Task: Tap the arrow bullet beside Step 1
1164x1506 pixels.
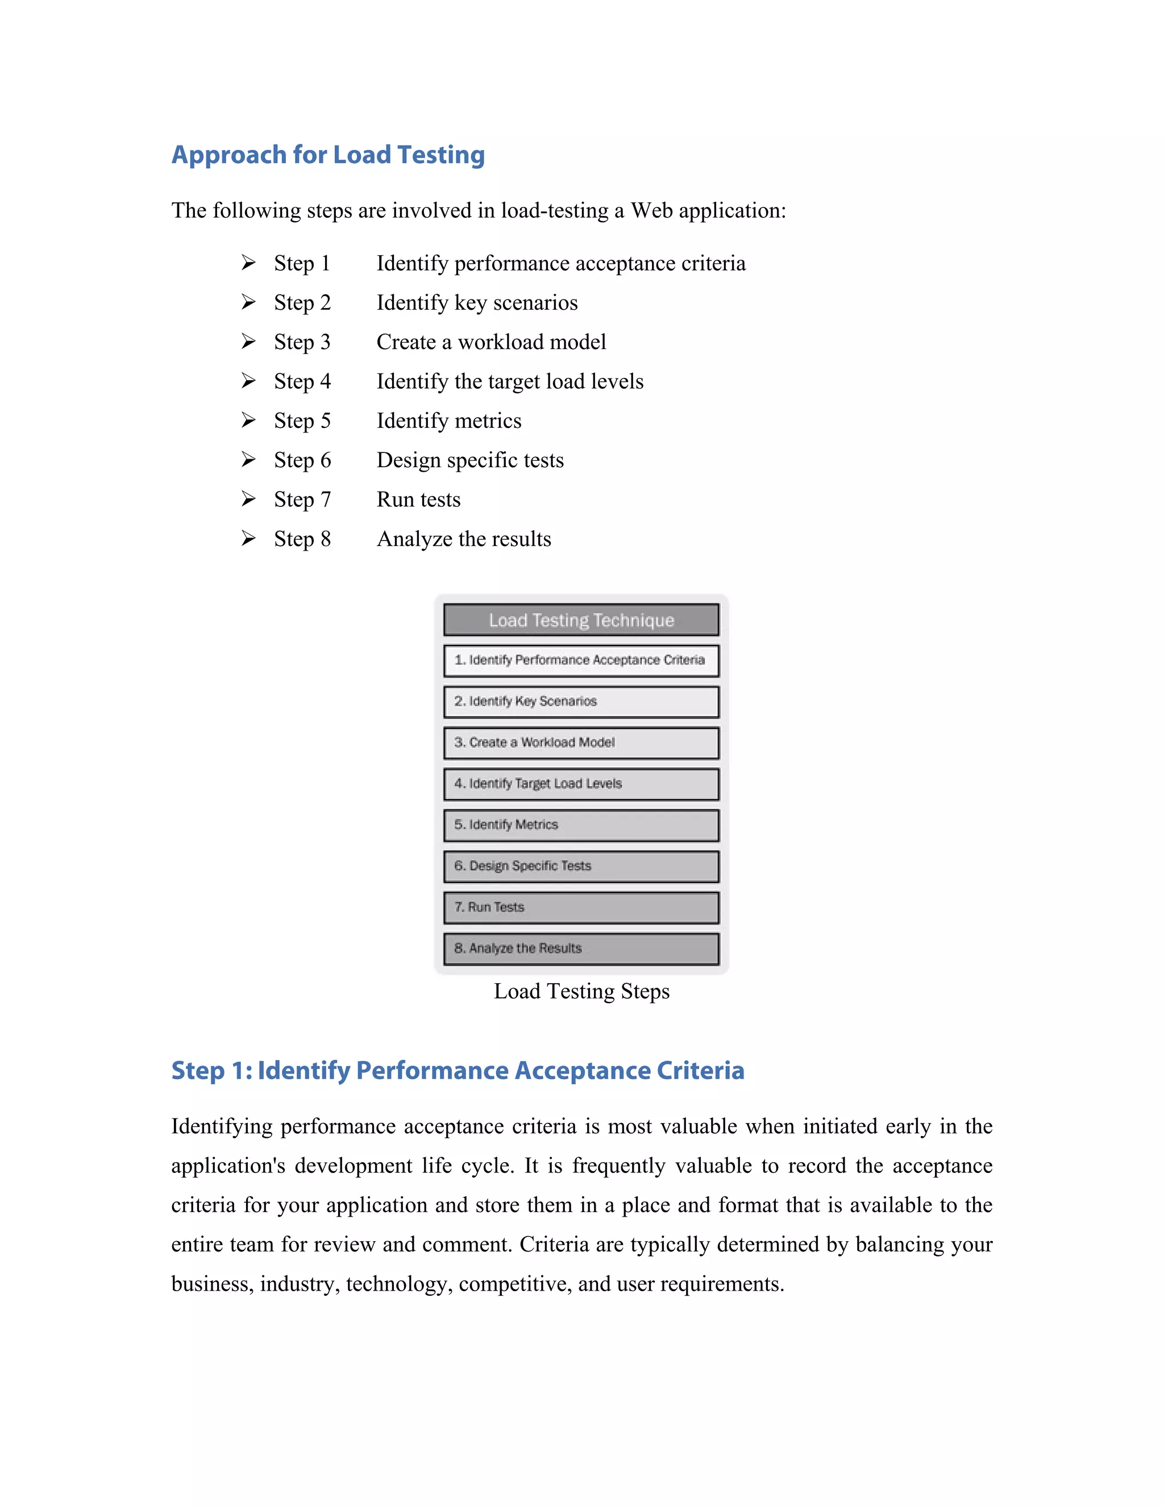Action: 248,263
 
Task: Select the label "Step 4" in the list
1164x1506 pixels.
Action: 302,381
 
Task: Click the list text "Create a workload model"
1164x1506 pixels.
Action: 491,342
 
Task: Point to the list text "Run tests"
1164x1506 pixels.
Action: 418,499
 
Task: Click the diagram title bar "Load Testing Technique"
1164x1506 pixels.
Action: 581,620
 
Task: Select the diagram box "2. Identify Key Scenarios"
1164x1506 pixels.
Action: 581,701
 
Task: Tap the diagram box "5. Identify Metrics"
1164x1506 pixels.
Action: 581,825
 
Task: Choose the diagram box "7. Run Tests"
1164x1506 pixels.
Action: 581,908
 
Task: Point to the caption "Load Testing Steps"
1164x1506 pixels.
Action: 581,991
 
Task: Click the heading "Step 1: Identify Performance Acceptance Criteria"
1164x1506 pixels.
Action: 457,1070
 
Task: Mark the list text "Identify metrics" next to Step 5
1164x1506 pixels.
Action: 449,421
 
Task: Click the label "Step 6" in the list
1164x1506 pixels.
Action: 302,460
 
